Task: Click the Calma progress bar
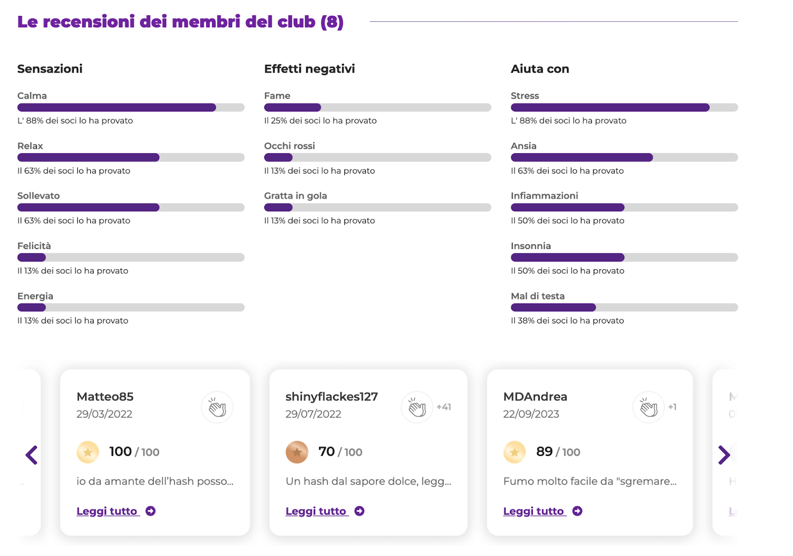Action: pyautogui.click(x=131, y=108)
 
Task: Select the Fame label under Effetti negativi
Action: pyautogui.click(x=277, y=96)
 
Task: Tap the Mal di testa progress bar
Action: pyautogui.click(x=624, y=308)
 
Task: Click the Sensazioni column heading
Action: pyautogui.click(x=50, y=69)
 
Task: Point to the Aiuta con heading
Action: pyautogui.click(x=540, y=69)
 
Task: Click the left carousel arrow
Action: pyautogui.click(x=32, y=455)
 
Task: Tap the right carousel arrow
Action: pyautogui.click(x=724, y=455)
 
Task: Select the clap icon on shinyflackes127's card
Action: pyautogui.click(x=417, y=408)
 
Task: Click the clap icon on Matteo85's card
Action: pyautogui.click(x=217, y=408)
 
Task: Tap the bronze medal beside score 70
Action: pyautogui.click(x=297, y=452)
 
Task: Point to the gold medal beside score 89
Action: pyautogui.click(x=514, y=452)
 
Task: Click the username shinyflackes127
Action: pyautogui.click(x=332, y=397)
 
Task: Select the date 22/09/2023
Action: pyautogui.click(x=531, y=414)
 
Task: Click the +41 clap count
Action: pyautogui.click(x=444, y=407)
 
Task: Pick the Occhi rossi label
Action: pyautogui.click(x=289, y=146)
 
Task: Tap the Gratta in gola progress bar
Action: pyautogui.click(x=377, y=208)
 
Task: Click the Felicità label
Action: pyautogui.click(x=34, y=246)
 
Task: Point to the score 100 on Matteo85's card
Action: pyautogui.click(x=120, y=452)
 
